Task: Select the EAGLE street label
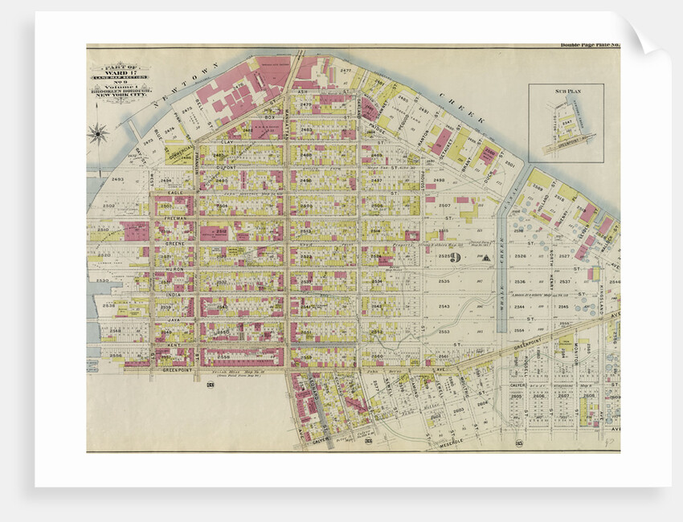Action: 175,193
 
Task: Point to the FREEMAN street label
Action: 175,218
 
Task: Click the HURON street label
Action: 174,269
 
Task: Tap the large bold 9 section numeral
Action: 455,258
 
